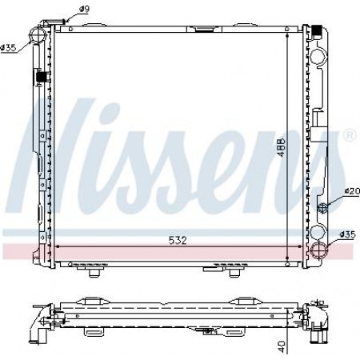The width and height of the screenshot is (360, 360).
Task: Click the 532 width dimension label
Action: pos(178,241)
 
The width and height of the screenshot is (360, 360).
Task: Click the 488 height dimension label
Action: pos(281,147)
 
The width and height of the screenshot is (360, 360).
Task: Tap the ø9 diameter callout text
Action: pos(84,9)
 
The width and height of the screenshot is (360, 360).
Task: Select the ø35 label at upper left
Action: pos(8,48)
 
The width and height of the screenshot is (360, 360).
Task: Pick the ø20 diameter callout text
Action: pos(352,191)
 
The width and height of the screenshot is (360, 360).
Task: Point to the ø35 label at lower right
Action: pos(348,234)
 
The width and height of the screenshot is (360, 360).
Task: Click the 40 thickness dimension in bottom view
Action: pos(281,346)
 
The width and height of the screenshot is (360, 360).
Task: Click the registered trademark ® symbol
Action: pos(350,135)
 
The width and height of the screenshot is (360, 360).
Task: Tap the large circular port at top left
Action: pos(38,34)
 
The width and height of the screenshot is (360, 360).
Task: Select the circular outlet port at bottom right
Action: pos(319,250)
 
